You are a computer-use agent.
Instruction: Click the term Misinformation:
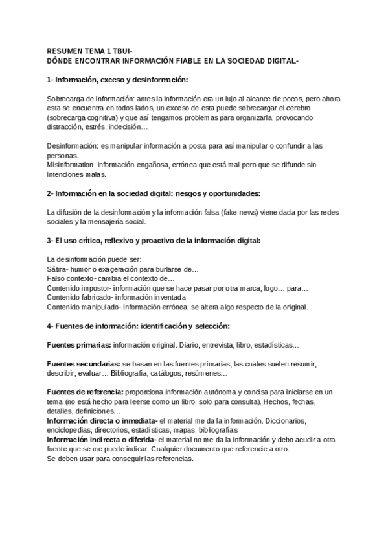tap(73, 165)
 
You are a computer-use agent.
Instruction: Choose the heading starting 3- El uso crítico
tap(154, 241)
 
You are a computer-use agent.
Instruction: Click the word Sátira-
tap(60, 269)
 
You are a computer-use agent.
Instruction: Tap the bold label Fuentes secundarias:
tap(84, 364)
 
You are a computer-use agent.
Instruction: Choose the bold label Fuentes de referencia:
tap(86, 392)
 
